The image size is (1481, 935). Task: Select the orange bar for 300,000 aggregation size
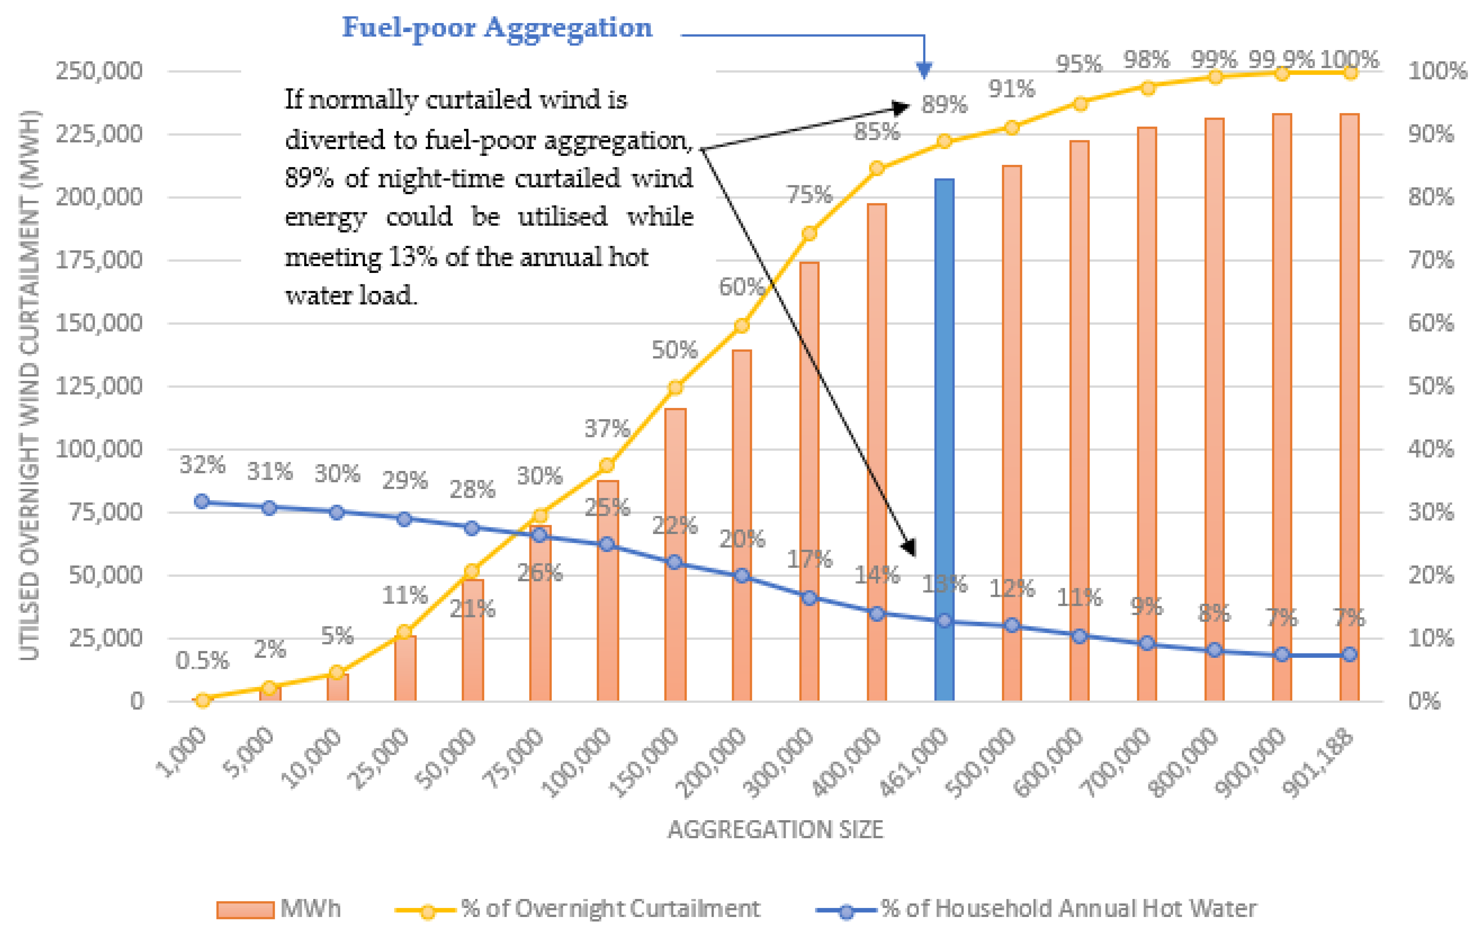coord(809,480)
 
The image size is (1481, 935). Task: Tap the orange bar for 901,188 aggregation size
coord(1349,406)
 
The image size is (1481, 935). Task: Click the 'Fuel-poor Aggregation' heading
coord(497,28)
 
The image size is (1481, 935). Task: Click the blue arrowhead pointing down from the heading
coord(924,70)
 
